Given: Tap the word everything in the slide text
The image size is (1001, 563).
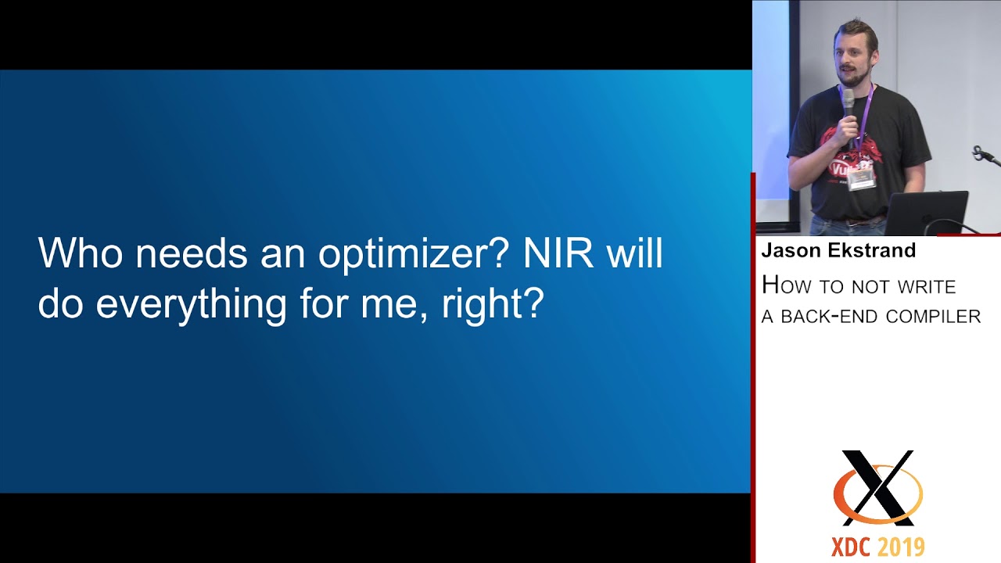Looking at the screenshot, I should point(191,305).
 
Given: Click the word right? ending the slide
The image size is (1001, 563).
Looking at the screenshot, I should point(492,305).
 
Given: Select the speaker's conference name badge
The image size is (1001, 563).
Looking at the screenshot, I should point(860,179).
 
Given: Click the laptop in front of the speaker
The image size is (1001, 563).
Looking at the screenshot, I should point(927,212).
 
